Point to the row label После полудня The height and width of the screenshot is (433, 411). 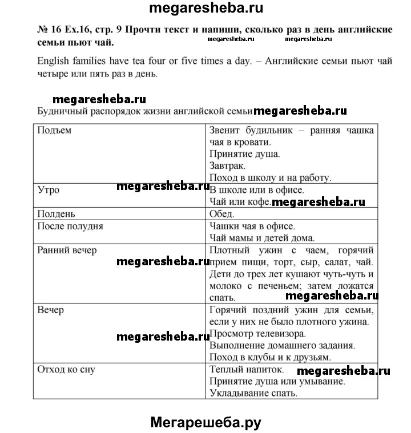tap(70, 226)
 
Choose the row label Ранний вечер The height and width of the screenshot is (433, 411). tap(67, 250)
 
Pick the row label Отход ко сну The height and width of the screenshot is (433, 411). tap(66, 369)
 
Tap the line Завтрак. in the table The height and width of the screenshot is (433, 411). tap(228, 166)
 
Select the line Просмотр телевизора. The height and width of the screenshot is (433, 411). tap(258, 334)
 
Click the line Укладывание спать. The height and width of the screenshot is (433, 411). tap(254, 393)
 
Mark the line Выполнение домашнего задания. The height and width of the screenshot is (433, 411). tap(283, 346)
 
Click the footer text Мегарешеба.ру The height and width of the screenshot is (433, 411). tap(206, 422)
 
